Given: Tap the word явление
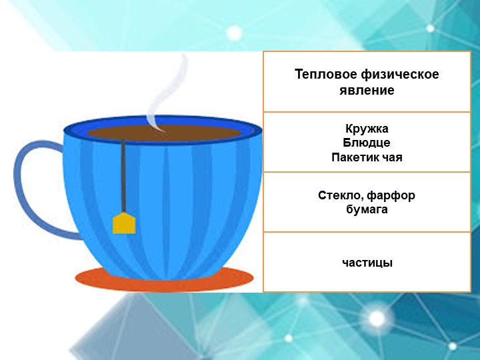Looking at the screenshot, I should coord(367,90).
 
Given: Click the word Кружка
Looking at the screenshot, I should coord(367,129).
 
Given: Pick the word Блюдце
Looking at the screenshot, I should coord(367,143).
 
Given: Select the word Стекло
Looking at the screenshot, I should coord(341,196).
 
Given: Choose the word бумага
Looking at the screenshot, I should coord(367,210).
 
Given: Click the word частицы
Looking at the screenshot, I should coord(367,263).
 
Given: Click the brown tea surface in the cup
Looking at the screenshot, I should coord(193,133).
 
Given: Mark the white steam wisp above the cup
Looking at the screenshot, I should coord(170,93).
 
